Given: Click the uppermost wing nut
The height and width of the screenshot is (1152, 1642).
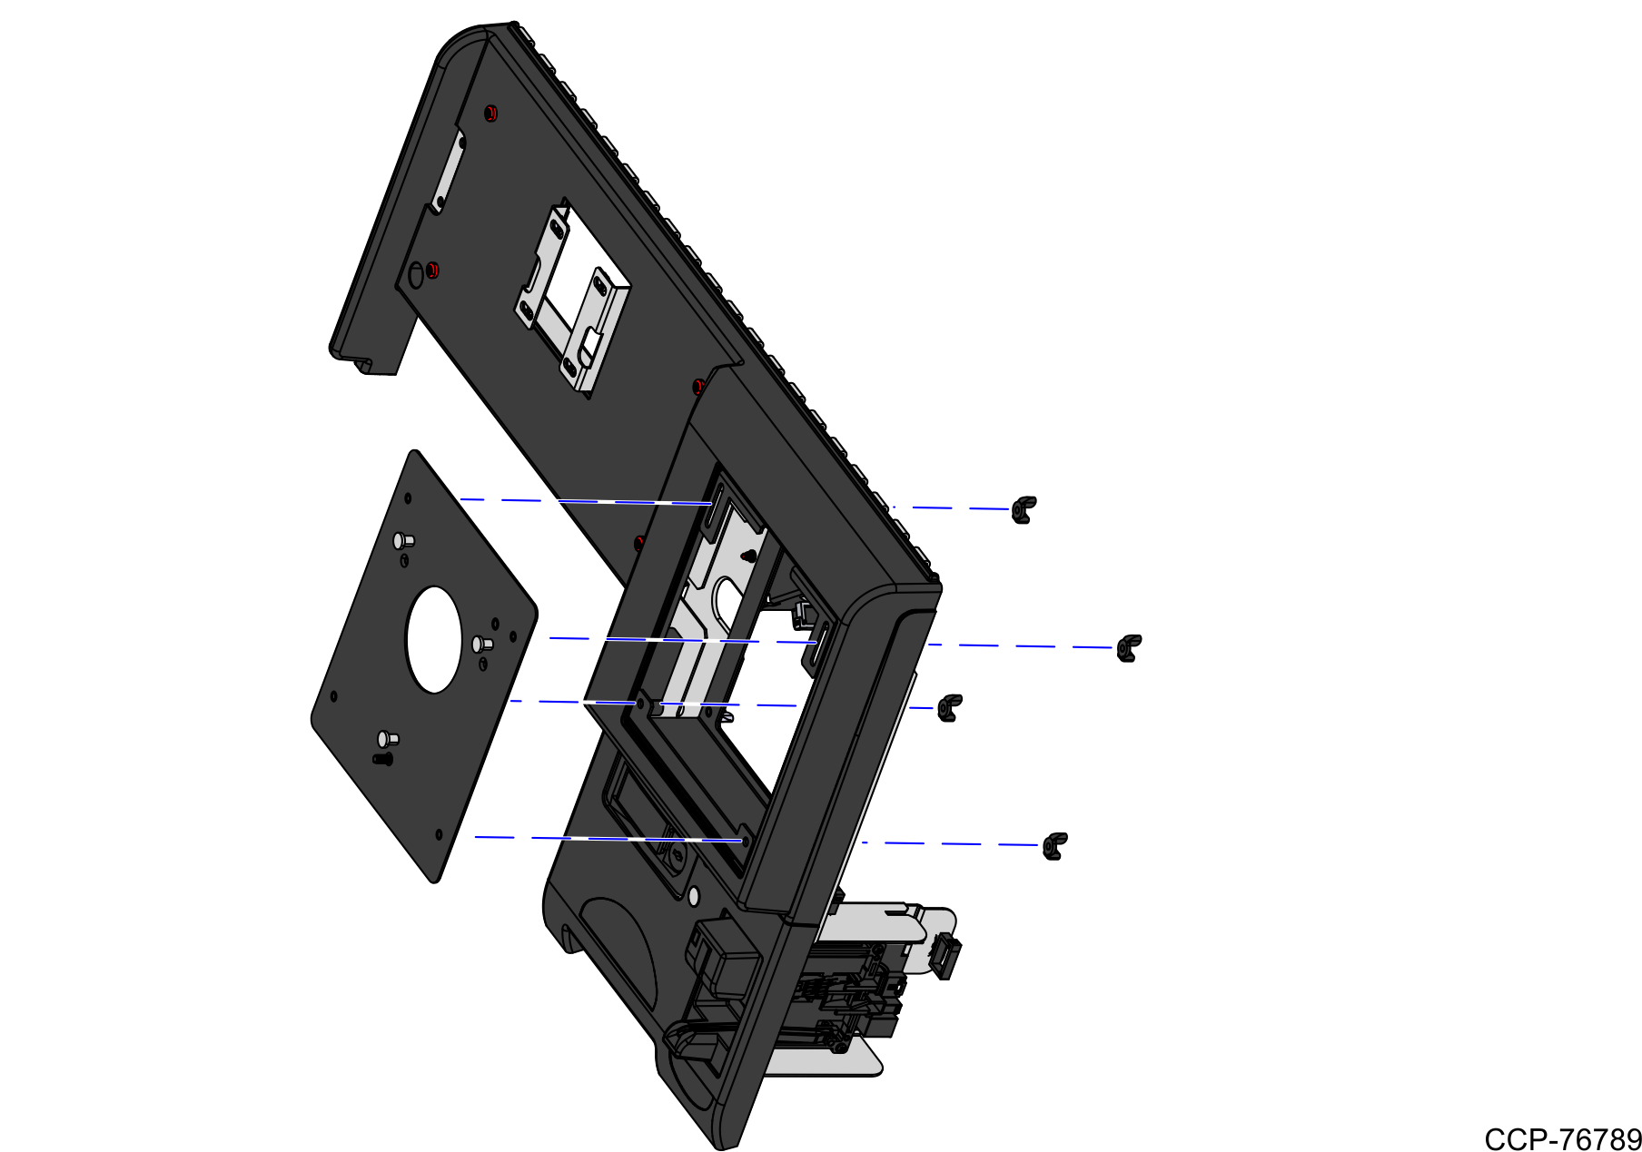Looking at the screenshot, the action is point(1024,509).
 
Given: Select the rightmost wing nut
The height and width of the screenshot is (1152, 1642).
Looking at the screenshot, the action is point(1129,648).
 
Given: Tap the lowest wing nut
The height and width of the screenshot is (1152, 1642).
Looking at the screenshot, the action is point(1054,845).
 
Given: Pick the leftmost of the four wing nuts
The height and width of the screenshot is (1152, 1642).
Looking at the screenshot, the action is point(949,707).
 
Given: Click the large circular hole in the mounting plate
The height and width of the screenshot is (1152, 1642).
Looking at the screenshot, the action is point(434,640).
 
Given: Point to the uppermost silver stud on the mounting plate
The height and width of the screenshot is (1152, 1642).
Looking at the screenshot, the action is point(402,542).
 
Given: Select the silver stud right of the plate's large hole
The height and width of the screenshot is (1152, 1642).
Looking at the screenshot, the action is point(481,645).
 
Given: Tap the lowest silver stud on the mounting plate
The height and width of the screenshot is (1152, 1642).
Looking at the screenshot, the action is point(387,739).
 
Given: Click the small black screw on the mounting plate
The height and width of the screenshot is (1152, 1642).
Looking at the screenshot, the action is point(383,758).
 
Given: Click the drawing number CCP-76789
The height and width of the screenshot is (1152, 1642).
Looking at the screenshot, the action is point(1562,1138).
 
